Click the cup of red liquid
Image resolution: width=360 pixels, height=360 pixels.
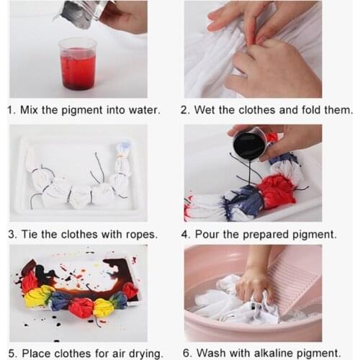click(77, 64)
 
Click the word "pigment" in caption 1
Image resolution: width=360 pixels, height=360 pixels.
click(82, 111)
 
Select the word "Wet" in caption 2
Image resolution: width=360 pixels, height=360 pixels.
click(204, 110)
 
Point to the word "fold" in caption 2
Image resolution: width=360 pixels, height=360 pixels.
click(312, 110)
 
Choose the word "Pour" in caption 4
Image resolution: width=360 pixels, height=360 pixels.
click(207, 234)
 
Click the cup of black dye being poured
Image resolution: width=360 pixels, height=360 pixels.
click(250, 143)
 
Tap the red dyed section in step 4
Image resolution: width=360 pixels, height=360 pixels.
click(276, 192)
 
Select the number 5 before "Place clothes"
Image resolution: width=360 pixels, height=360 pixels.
click(12, 354)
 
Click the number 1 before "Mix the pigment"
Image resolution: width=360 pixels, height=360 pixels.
click(9, 110)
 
